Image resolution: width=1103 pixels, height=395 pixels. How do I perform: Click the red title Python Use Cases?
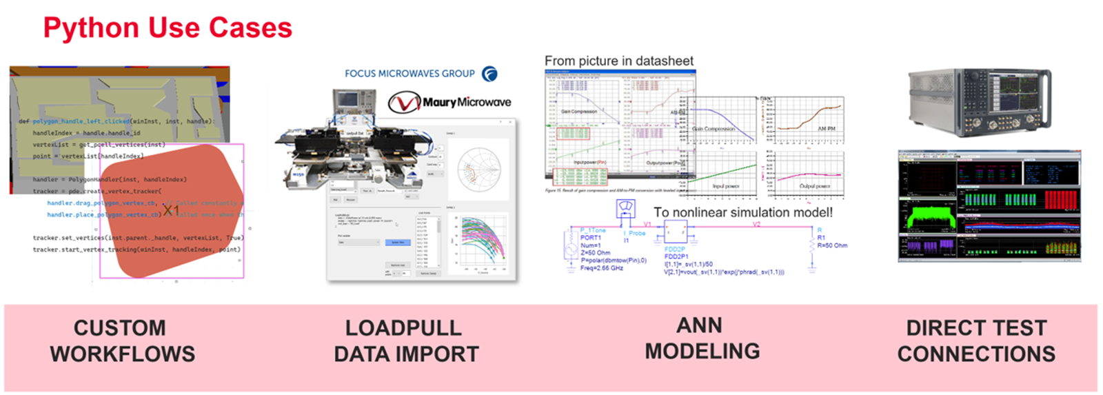pyautogui.click(x=168, y=28)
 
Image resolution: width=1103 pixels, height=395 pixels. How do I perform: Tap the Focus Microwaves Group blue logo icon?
pyautogui.click(x=489, y=74)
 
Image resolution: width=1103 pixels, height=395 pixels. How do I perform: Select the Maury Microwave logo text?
pyautogui.click(x=467, y=102)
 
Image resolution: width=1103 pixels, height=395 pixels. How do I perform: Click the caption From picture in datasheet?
pyautogui.click(x=618, y=61)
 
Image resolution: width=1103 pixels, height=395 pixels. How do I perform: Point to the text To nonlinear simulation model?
pyautogui.click(x=742, y=212)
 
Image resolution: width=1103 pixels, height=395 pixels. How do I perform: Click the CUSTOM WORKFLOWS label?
pyautogui.click(x=122, y=341)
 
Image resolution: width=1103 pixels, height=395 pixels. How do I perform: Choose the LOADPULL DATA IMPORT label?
pyautogui.click(x=406, y=341)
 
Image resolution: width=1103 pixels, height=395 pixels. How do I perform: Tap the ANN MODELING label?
pyautogui.click(x=702, y=338)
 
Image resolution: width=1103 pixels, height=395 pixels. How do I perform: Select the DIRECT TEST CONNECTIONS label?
pyautogui.click(x=976, y=341)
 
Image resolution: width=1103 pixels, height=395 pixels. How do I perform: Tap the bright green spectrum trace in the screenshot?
pyautogui.click(x=928, y=219)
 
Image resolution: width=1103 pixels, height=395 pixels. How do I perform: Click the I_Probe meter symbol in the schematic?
pyautogui.click(x=626, y=208)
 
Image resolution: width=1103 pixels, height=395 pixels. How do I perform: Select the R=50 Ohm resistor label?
pyautogui.click(x=832, y=245)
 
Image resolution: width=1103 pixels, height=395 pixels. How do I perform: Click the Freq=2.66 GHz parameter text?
pyautogui.click(x=601, y=268)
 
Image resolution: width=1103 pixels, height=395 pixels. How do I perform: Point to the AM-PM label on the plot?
pyautogui.click(x=826, y=129)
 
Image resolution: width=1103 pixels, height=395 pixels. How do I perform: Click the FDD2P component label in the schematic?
pyautogui.click(x=674, y=249)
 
